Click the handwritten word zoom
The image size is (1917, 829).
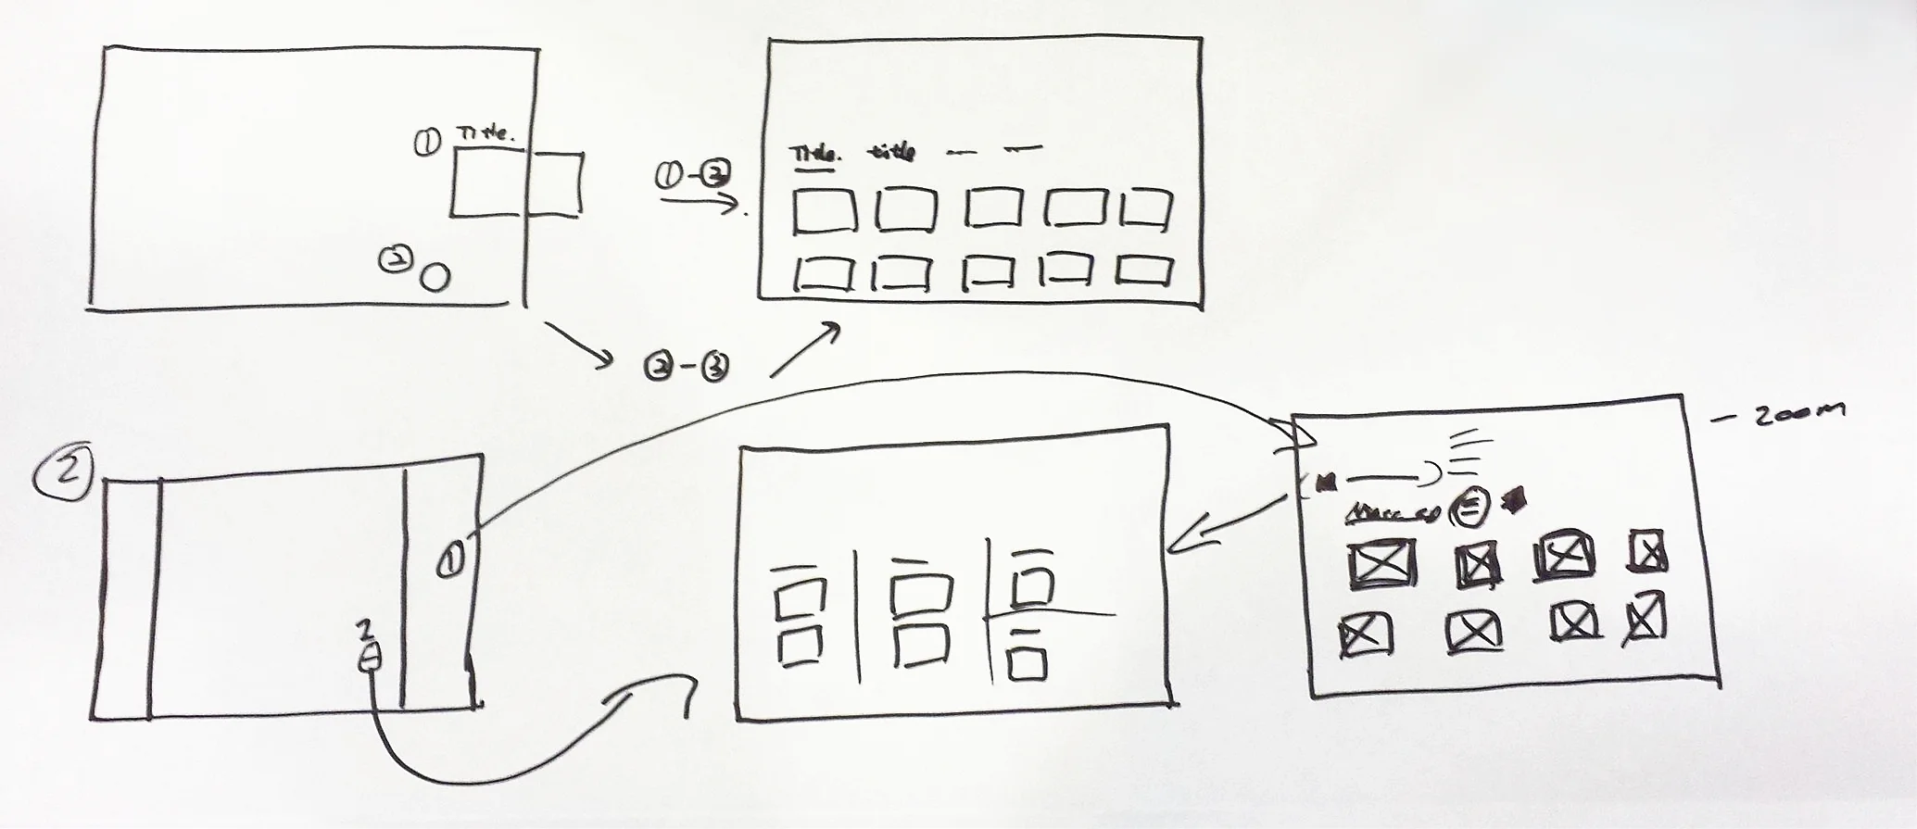click(1797, 413)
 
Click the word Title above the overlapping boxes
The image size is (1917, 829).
click(485, 135)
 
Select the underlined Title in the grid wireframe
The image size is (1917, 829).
click(813, 154)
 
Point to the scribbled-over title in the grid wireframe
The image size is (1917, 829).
click(891, 152)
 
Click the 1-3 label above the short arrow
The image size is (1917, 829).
click(693, 174)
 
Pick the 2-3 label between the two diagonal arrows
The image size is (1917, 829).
click(686, 368)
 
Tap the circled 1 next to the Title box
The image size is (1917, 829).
click(427, 143)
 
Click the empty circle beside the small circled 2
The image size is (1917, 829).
click(435, 277)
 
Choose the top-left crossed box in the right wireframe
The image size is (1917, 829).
click(1381, 564)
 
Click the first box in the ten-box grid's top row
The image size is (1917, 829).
click(823, 211)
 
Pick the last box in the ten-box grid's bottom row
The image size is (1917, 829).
click(1144, 270)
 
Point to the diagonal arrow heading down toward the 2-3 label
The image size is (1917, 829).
click(578, 342)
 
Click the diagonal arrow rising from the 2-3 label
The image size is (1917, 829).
click(805, 350)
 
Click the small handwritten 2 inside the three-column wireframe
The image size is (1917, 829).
click(366, 630)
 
